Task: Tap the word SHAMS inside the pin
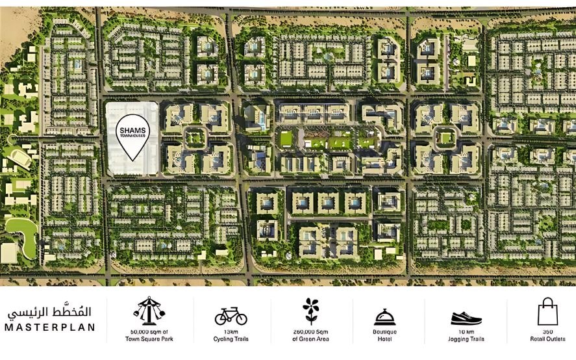coord(133,129)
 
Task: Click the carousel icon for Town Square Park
coord(149,311)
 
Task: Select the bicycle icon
coord(231,316)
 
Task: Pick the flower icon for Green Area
coord(311,311)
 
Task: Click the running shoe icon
coord(466,318)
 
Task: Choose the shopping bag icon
coord(547,311)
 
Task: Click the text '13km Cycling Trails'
coord(231,335)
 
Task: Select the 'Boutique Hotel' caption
coord(384,335)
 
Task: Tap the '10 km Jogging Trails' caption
coord(466,335)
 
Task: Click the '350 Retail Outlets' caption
coord(547,335)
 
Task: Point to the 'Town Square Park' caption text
coord(149,339)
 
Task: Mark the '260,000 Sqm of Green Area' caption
coord(311,335)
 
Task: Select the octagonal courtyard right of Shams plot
coord(194,138)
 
